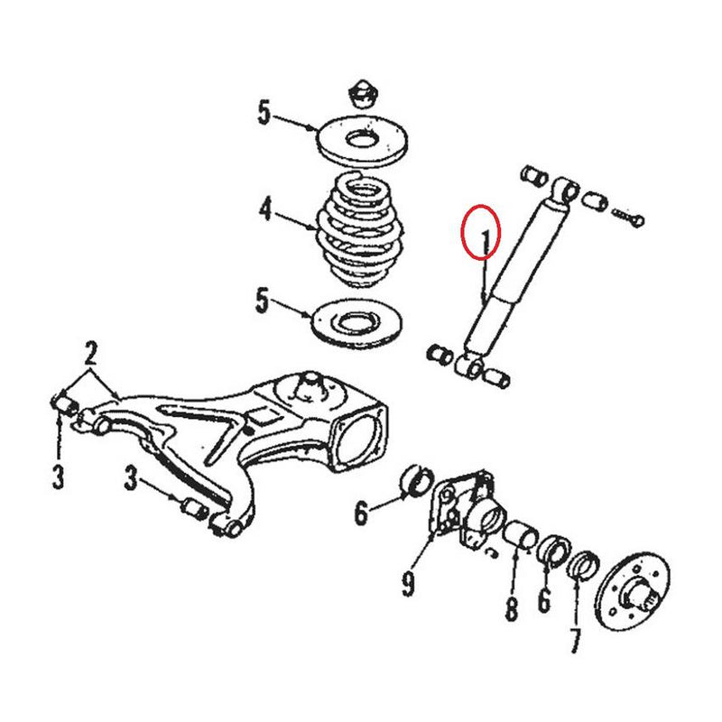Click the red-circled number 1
[x=486, y=240]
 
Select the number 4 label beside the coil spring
[x=265, y=211]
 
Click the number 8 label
[x=512, y=610]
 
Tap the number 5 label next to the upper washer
[x=264, y=114]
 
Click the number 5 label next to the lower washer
[x=262, y=301]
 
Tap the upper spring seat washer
[x=363, y=139]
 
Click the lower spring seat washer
[x=357, y=321]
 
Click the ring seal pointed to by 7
[x=585, y=563]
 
